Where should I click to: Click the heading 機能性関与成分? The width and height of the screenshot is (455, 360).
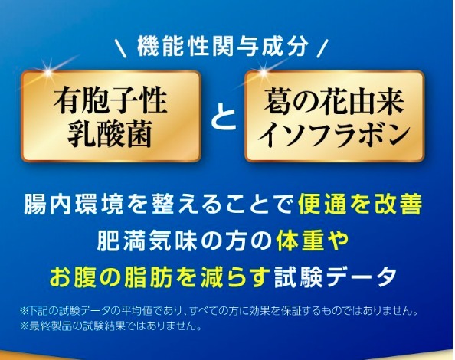(x=222, y=47)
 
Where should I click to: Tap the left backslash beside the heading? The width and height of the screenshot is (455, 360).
(x=120, y=48)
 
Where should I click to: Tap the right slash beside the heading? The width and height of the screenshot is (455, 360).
(x=322, y=48)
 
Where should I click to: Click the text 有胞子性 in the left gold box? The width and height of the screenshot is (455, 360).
(x=110, y=100)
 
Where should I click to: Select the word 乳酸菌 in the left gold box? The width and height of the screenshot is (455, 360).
(x=110, y=133)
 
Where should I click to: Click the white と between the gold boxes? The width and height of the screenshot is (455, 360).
(x=223, y=119)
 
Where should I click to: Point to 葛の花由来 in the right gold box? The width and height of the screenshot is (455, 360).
(x=334, y=100)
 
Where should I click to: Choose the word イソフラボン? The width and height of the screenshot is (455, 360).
(x=334, y=134)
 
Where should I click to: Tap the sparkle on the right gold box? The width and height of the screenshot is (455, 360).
(x=264, y=71)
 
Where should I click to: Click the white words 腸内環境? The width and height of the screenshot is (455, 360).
(x=74, y=204)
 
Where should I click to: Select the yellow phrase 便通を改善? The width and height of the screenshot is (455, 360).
(x=360, y=204)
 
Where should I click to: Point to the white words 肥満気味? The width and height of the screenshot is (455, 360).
(x=146, y=241)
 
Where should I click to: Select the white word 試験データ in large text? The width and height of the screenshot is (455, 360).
(x=336, y=277)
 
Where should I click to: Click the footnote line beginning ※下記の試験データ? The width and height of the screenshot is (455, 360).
(x=219, y=311)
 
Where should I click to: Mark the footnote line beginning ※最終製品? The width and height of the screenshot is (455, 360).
(x=110, y=326)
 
